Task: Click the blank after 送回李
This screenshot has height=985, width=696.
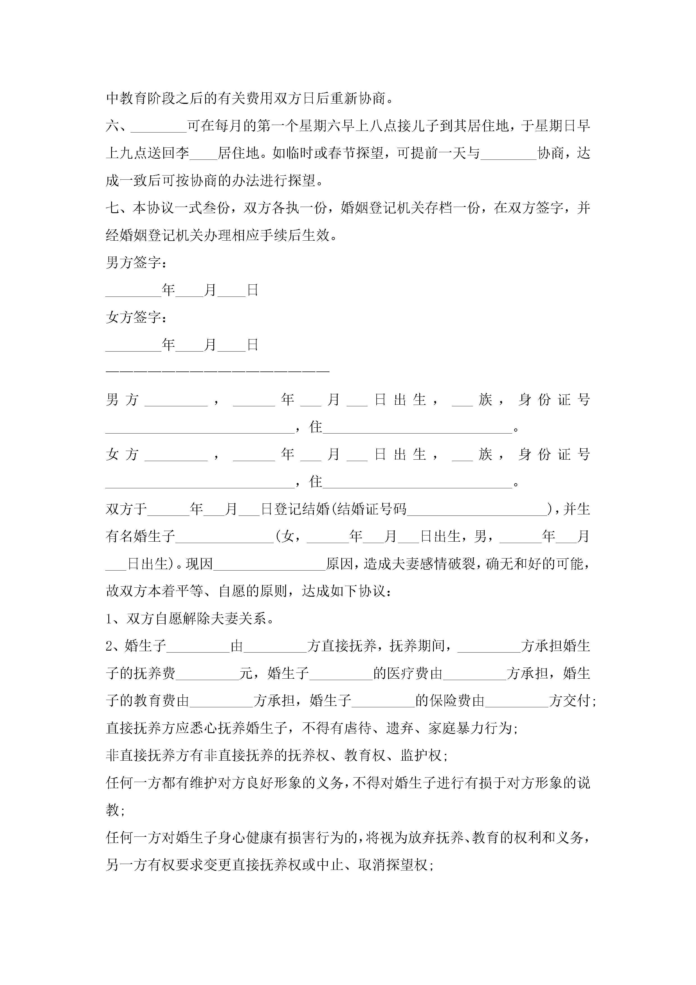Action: [x=203, y=153]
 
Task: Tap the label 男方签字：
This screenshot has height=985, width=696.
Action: [x=136, y=263]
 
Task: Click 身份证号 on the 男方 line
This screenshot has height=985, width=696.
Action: [x=554, y=400]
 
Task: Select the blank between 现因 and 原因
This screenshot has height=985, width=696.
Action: [x=269, y=564]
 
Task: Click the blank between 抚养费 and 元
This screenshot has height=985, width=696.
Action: [x=207, y=673]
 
